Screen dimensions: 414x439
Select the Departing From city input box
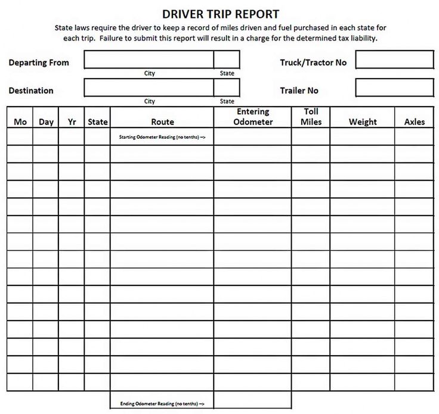tap(149, 60)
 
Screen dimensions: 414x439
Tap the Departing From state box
tap(227, 60)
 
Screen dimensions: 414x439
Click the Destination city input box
tap(149, 88)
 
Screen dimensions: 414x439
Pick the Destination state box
tap(227, 88)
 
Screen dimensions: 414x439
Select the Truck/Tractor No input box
tap(394, 60)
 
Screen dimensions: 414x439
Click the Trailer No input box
tap(394, 88)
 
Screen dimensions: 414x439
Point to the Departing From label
tap(39, 63)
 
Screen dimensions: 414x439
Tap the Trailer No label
tap(299, 91)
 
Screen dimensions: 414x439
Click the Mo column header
tap(20, 122)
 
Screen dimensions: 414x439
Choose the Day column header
tap(46, 122)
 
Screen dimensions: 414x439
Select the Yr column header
tap(72, 122)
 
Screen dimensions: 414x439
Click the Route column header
tap(162, 122)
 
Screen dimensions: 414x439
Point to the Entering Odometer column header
tap(253, 117)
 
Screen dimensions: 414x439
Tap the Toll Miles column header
tap(311, 117)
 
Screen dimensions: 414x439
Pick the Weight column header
tap(363, 122)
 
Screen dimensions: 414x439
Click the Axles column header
tap(415, 122)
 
